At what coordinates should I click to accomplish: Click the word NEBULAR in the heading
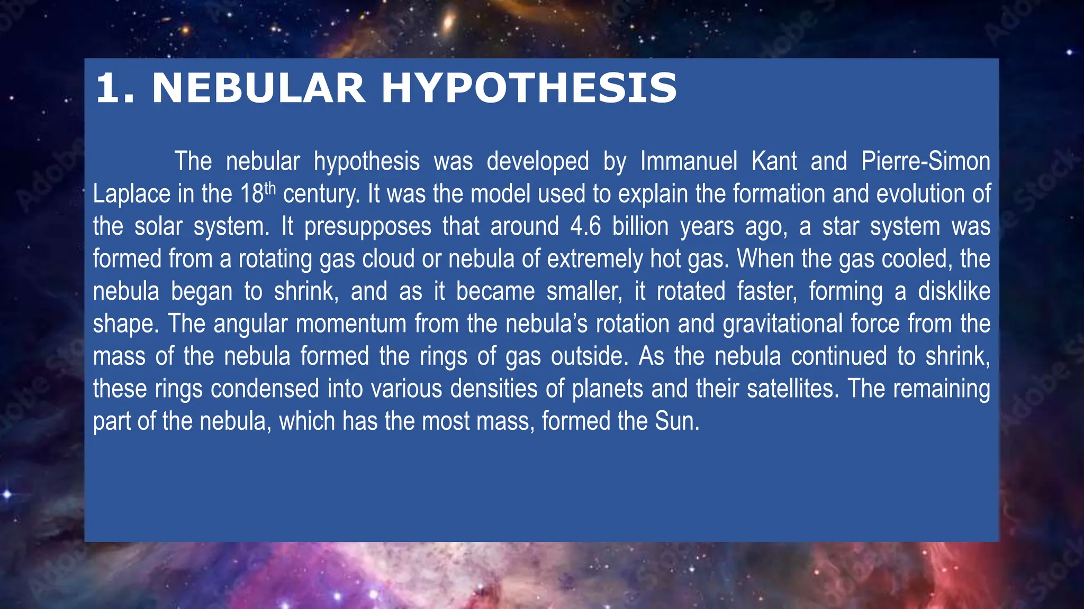(x=258, y=88)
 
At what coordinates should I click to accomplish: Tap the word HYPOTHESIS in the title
(x=529, y=88)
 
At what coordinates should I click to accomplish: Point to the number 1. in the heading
(x=115, y=88)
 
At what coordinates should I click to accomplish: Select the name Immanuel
(x=689, y=161)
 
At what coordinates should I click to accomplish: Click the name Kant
(x=774, y=161)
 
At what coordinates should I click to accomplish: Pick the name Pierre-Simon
(x=925, y=161)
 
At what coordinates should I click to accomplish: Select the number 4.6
(x=585, y=227)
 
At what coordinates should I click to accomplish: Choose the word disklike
(x=954, y=291)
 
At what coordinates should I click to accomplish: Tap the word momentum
(x=351, y=324)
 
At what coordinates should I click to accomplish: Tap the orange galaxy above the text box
(x=448, y=22)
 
